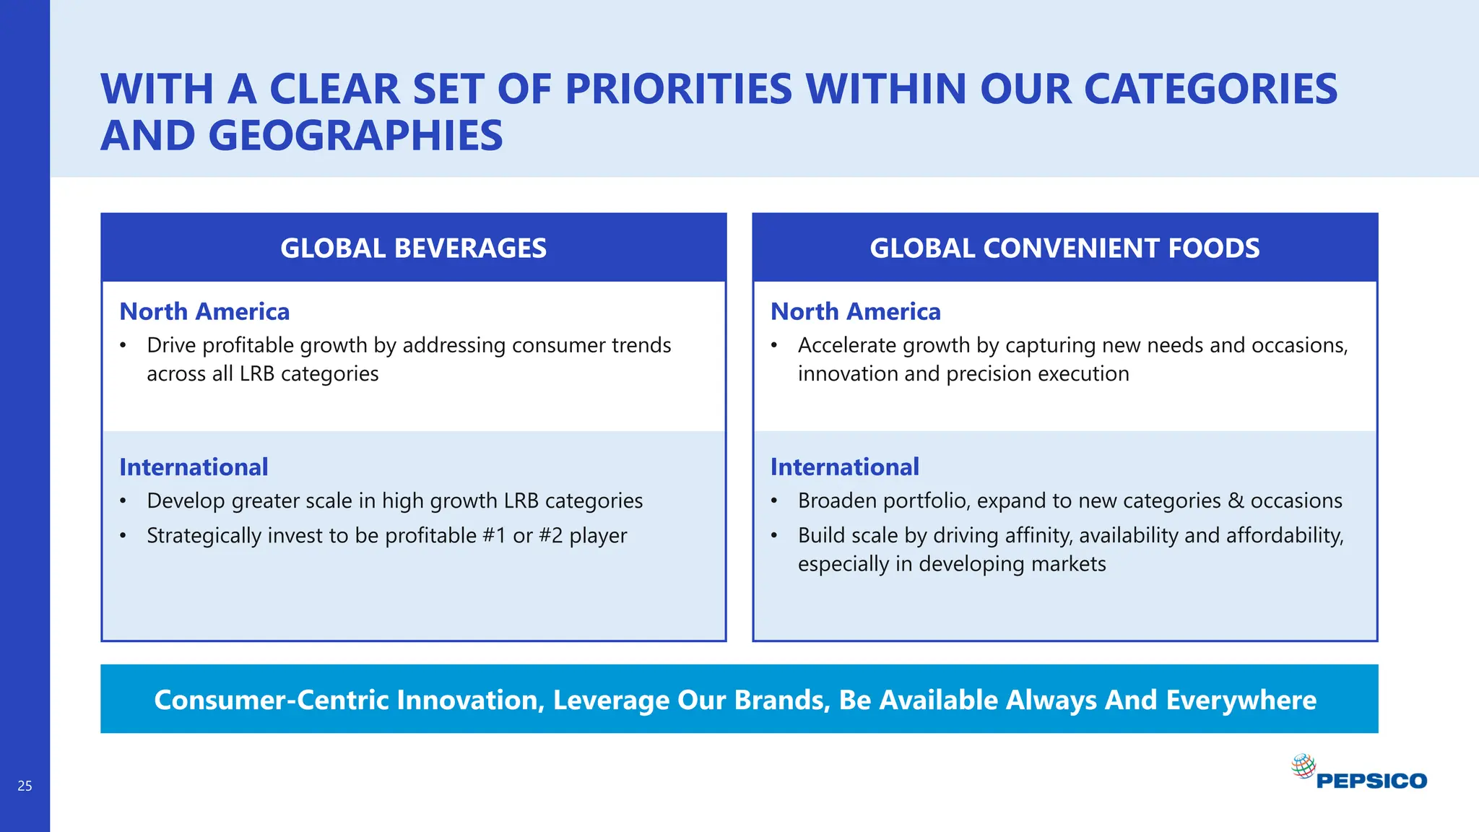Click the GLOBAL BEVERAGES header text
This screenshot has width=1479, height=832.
point(413,248)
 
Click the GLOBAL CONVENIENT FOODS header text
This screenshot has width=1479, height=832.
point(1064,248)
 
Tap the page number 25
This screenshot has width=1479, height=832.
point(25,786)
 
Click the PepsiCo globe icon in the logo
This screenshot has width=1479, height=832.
point(1304,766)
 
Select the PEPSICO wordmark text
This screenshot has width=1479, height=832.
point(1371,781)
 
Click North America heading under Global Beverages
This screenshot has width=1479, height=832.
point(204,311)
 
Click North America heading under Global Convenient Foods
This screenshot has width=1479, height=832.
point(856,311)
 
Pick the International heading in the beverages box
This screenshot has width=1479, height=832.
point(194,467)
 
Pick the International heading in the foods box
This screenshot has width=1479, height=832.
point(845,467)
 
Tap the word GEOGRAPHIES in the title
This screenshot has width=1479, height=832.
point(355,136)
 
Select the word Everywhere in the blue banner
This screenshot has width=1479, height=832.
point(1241,700)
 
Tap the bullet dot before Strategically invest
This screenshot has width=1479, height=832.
point(123,536)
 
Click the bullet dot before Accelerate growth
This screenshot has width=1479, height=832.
point(774,345)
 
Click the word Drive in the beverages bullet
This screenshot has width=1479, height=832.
point(172,345)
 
